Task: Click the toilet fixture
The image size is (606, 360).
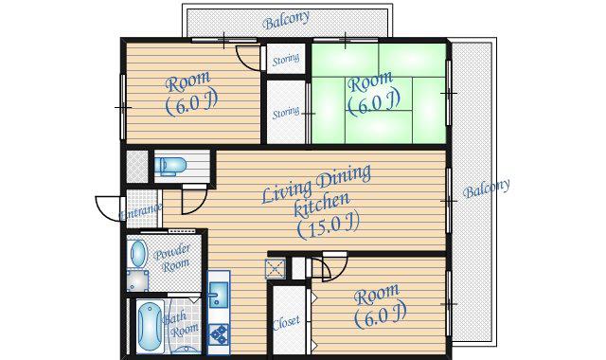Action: click(x=170, y=167)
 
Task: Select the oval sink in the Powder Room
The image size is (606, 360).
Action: click(x=137, y=253)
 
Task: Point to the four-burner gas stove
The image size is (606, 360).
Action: click(x=219, y=334)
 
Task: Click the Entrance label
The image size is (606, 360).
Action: click(x=141, y=211)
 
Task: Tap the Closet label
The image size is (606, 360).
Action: click(x=286, y=323)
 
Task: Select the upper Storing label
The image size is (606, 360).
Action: click(x=286, y=60)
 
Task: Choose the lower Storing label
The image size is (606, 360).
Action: click(x=286, y=113)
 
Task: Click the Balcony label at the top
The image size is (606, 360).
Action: click(x=286, y=20)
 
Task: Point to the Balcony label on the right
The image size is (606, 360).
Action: click(x=486, y=189)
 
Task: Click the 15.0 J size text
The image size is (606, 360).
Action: click(x=329, y=225)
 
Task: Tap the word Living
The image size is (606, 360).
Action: click(x=287, y=189)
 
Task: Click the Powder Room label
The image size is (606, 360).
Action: click(x=172, y=258)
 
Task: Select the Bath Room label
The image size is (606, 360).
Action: click(x=181, y=325)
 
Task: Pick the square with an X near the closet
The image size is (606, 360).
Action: click(x=276, y=269)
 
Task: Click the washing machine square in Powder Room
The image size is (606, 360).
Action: click(x=137, y=280)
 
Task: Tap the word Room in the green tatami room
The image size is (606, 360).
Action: click(x=370, y=81)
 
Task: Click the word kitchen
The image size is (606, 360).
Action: click(x=322, y=205)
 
